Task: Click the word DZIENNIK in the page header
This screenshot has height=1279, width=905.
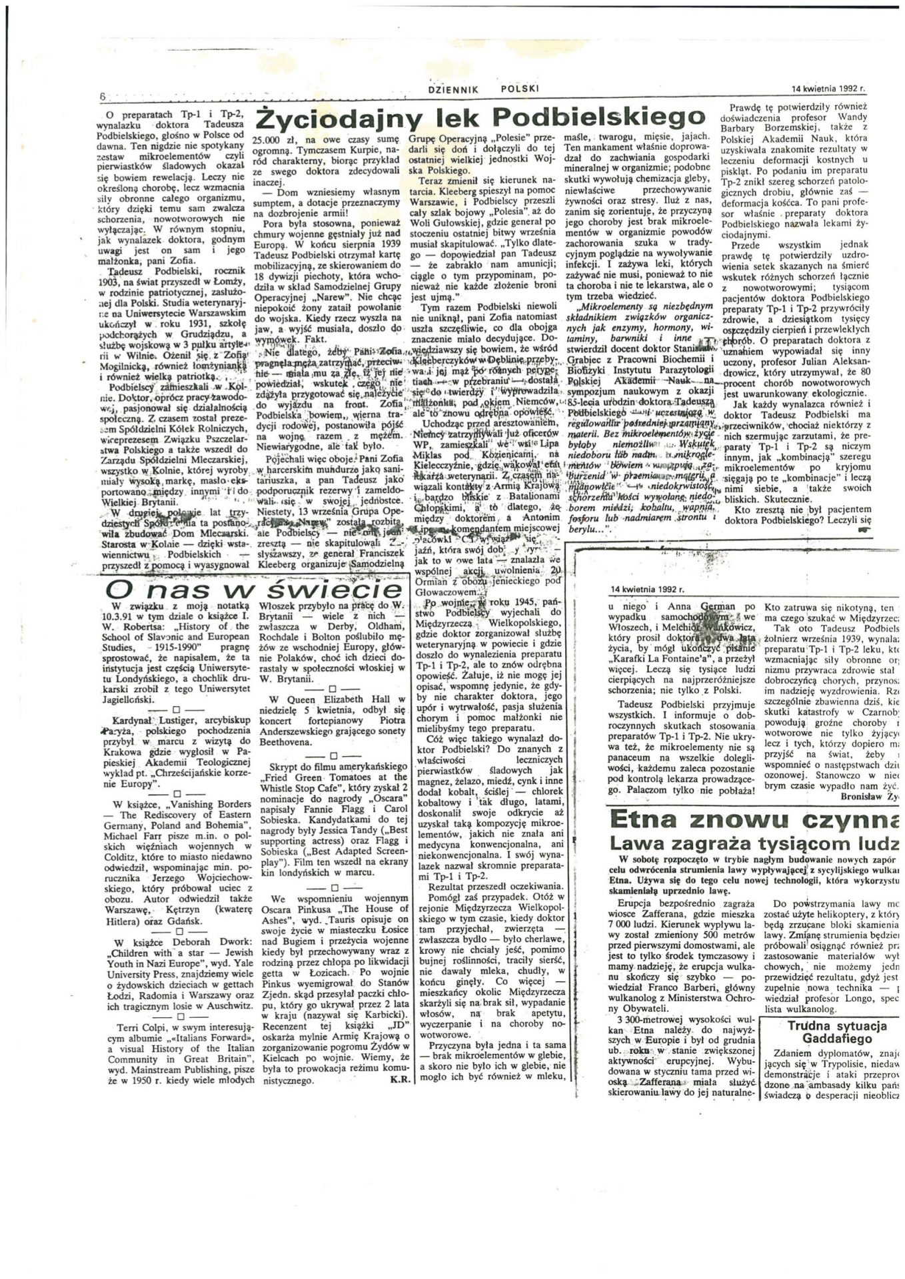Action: tap(457, 88)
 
